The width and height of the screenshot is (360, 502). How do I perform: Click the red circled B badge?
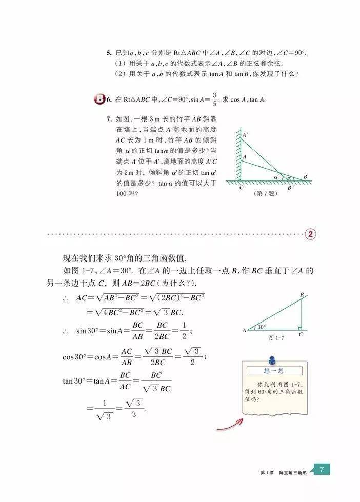click(x=100, y=99)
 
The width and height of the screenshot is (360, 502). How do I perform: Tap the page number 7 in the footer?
click(x=321, y=470)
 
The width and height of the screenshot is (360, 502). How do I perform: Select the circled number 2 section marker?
click(x=311, y=234)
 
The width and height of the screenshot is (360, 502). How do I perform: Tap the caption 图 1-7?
click(x=276, y=339)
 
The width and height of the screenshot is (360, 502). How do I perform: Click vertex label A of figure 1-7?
click(x=244, y=331)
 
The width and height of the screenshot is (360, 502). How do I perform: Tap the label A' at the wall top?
click(x=246, y=135)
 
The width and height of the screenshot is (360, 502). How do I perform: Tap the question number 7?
click(x=109, y=119)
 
